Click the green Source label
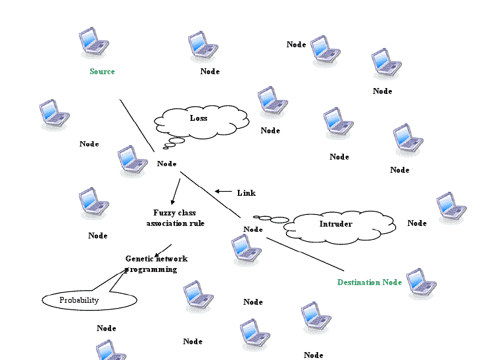(102, 72)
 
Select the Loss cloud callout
(201, 120)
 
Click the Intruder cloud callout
(339, 225)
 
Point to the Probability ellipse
(89, 300)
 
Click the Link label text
(246, 193)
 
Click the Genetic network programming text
(156, 263)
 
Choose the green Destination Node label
(369, 282)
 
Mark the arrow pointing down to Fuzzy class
(175, 191)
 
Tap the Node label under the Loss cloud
(167, 164)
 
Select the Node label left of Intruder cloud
(253, 229)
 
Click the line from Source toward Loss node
(136, 125)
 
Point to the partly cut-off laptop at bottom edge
(110, 351)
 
